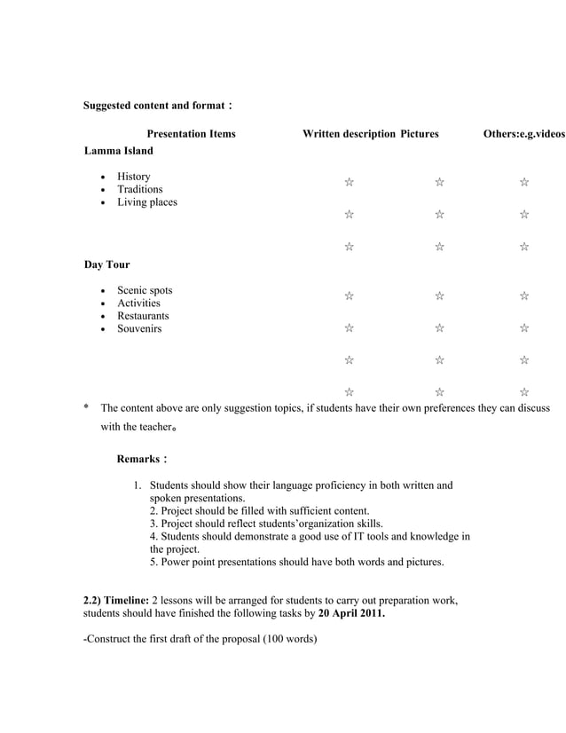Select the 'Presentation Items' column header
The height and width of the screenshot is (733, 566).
click(191, 134)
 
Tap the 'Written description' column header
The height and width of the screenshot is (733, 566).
click(349, 134)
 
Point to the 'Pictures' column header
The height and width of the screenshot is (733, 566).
click(419, 134)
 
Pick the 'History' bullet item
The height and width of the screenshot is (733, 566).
click(134, 177)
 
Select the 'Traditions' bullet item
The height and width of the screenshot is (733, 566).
click(140, 189)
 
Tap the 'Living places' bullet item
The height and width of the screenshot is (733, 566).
click(147, 202)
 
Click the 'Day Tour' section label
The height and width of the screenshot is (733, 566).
click(106, 264)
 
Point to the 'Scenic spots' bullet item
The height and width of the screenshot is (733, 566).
click(145, 290)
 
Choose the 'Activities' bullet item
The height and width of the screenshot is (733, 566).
click(139, 303)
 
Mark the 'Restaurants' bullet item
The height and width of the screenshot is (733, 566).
click(143, 316)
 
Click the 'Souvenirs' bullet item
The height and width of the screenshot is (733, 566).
click(140, 329)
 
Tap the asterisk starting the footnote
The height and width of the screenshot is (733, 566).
click(86, 408)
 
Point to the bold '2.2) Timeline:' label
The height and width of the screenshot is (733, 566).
click(117, 601)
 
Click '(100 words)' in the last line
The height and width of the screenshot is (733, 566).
click(289, 639)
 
